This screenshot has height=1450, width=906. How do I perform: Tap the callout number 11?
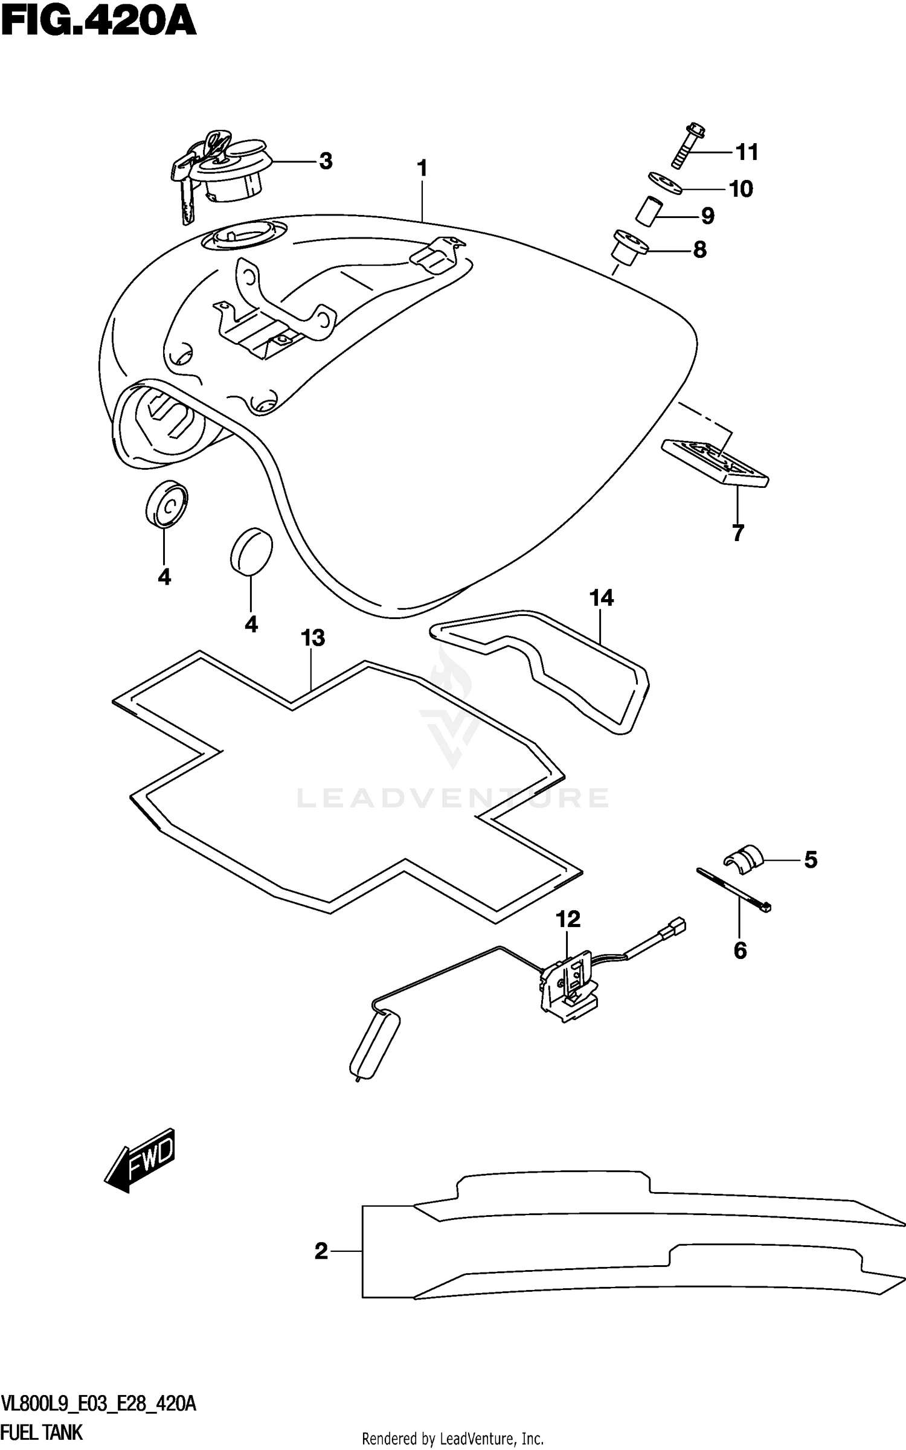pos(747,152)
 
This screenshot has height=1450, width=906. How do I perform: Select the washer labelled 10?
pos(665,182)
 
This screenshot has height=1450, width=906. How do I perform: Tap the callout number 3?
pos(326,161)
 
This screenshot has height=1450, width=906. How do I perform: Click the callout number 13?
pos(313,638)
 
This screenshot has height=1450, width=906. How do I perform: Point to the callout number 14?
pos(602,598)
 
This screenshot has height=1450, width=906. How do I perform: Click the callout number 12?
pos(568,919)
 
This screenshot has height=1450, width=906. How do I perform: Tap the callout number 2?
pos(321,1251)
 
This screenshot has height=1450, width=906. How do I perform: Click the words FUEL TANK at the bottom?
pos(42,1432)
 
